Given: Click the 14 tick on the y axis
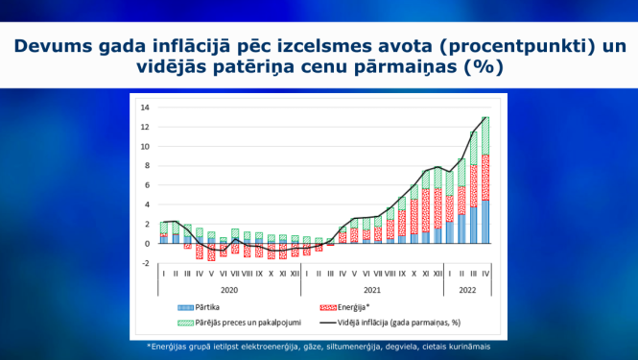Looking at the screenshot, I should (145, 108).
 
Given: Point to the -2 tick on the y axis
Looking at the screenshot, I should (144, 263).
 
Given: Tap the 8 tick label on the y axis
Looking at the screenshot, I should (146, 166).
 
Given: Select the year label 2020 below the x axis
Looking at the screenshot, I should (229, 288).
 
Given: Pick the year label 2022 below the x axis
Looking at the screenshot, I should (468, 288).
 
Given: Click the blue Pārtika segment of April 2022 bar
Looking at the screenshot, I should (486, 222).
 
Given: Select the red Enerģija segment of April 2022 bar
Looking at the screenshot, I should (486, 178).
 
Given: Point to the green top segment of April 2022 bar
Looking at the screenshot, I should (486, 135).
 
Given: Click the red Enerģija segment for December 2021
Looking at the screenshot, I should (438, 207).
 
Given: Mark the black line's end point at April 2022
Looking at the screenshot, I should (486, 117).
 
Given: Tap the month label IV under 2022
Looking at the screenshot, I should (486, 274).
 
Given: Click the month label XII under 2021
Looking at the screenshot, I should (438, 274).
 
